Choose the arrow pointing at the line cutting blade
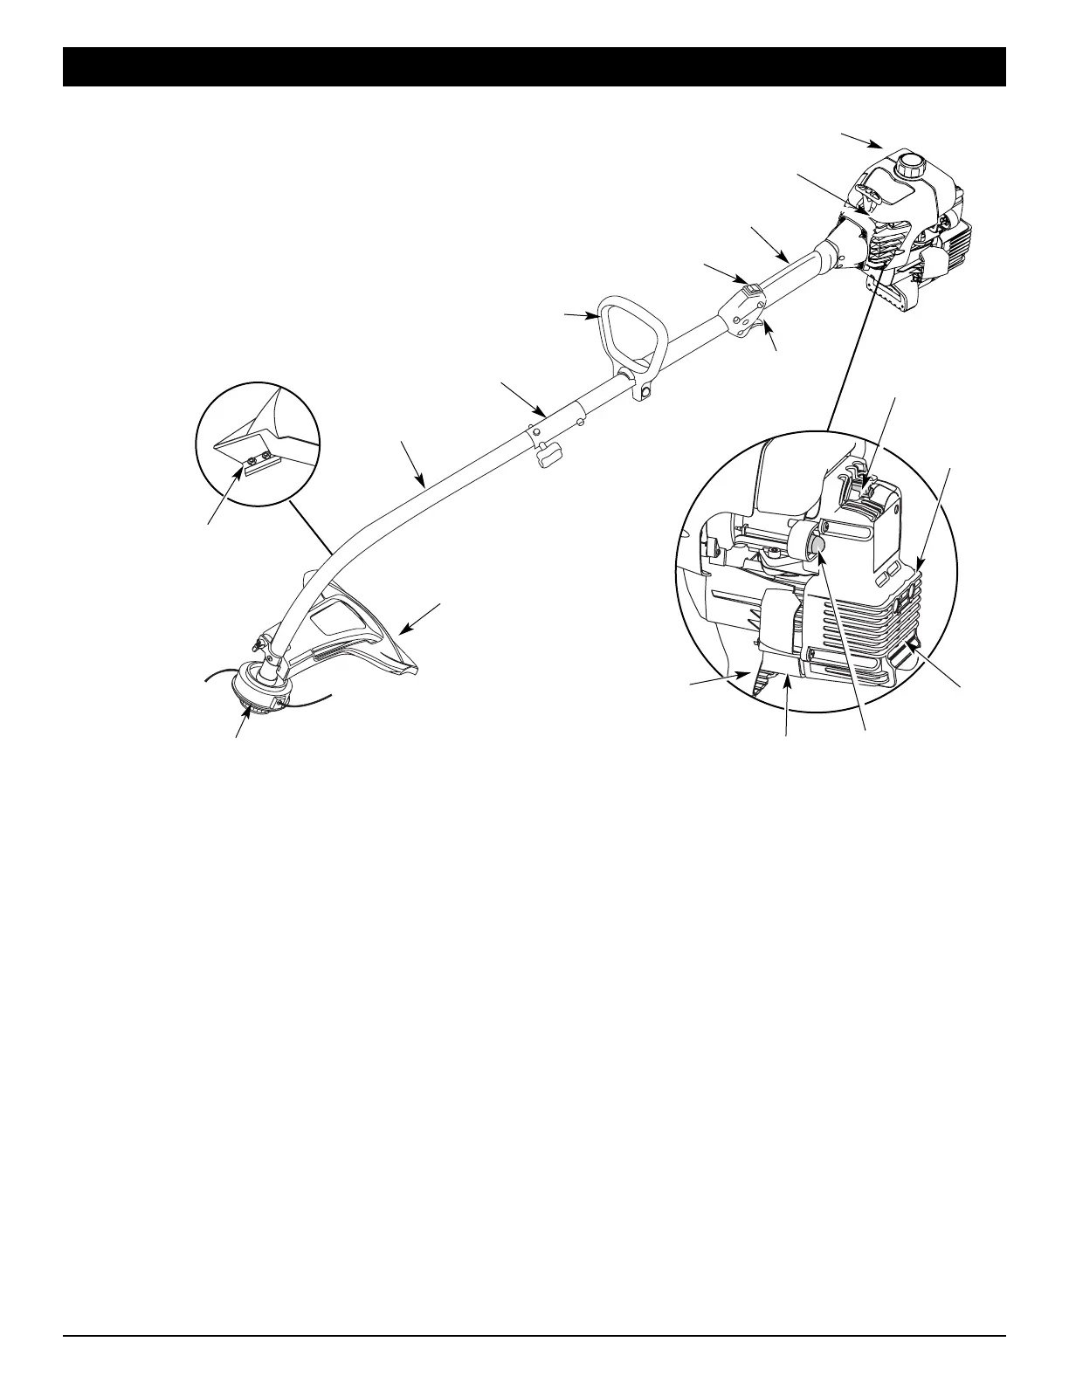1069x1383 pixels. point(226,497)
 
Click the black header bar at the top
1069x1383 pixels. point(534,66)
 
